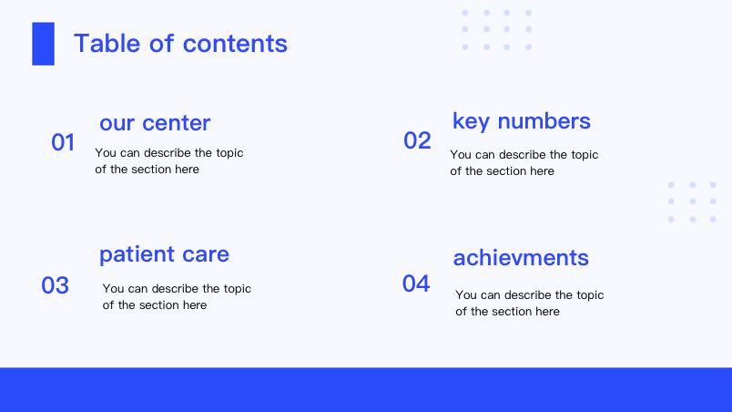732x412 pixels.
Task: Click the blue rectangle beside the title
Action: [43, 44]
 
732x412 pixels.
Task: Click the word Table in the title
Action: [107, 44]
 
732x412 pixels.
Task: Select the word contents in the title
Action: [235, 44]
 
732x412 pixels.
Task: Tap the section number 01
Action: [63, 142]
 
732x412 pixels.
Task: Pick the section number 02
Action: [417, 140]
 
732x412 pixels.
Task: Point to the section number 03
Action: [56, 285]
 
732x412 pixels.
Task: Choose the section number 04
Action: [416, 283]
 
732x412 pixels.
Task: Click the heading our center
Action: [155, 123]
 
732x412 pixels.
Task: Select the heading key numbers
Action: [522, 121]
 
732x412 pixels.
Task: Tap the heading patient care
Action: [164, 255]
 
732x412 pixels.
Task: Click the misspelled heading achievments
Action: [521, 258]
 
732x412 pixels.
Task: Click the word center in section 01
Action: [177, 123]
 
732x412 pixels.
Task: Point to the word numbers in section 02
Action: [544, 121]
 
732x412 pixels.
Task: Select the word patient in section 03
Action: [137, 255]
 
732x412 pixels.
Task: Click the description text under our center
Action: [169, 161]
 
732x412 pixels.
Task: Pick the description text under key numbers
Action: [524, 163]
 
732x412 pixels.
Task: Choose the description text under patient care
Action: [177, 296]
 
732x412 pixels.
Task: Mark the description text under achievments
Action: [530, 304]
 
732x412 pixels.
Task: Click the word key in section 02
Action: [472, 121]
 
